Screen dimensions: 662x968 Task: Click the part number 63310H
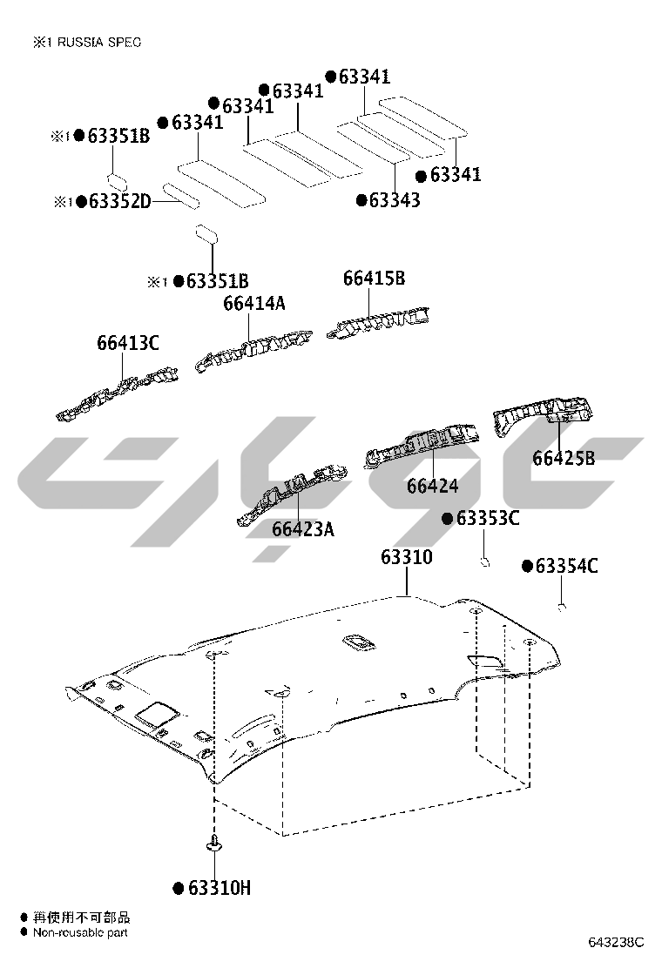(x=220, y=889)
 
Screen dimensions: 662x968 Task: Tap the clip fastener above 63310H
(x=214, y=844)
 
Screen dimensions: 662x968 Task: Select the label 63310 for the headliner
(x=406, y=557)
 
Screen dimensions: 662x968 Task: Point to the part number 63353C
(x=488, y=518)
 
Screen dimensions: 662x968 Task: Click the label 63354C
(x=566, y=566)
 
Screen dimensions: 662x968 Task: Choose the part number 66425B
(x=564, y=458)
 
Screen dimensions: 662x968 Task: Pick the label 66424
(x=432, y=486)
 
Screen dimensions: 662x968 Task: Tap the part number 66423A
(x=303, y=529)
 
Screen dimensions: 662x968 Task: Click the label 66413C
(x=128, y=343)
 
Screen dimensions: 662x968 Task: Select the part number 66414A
(x=254, y=303)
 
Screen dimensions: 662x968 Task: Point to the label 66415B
(x=375, y=279)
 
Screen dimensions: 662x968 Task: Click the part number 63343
(x=395, y=200)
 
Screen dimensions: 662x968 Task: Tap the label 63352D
(x=120, y=201)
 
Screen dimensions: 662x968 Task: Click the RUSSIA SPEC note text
(x=99, y=42)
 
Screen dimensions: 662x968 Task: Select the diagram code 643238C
(x=616, y=942)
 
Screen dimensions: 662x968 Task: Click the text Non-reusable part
(x=80, y=932)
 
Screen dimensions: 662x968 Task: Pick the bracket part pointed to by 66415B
(x=378, y=322)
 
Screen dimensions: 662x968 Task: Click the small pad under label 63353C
(x=485, y=561)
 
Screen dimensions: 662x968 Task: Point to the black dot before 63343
(x=361, y=200)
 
